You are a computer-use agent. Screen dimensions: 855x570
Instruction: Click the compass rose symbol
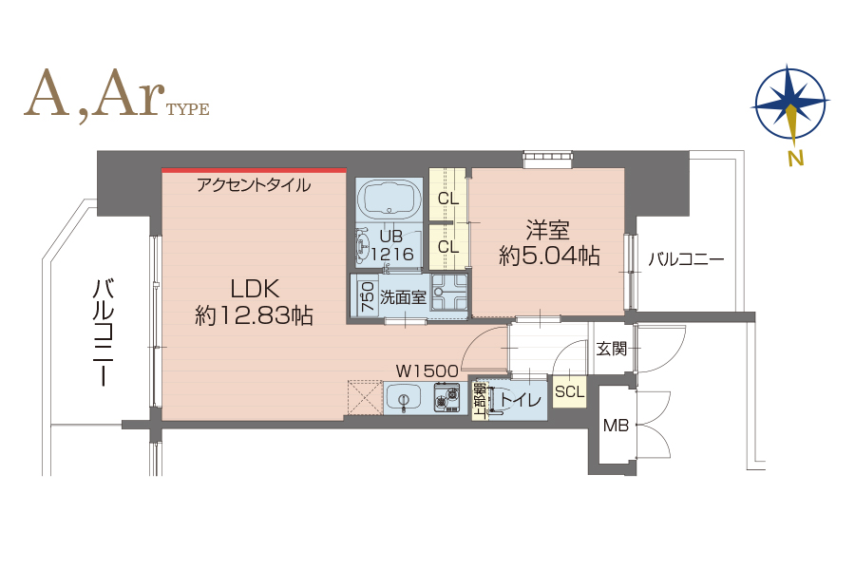pyautogui.click(x=789, y=103)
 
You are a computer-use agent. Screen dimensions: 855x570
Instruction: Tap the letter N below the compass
pyautogui.click(x=796, y=159)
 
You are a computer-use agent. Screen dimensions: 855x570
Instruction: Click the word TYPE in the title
pyautogui.click(x=187, y=109)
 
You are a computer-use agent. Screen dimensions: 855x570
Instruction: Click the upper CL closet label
pyautogui.click(x=448, y=199)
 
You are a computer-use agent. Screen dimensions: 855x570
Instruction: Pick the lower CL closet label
pyautogui.click(x=448, y=247)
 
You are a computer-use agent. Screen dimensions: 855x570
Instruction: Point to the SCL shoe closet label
pyautogui.click(x=569, y=391)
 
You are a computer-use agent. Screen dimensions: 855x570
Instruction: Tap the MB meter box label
pyautogui.click(x=616, y=426)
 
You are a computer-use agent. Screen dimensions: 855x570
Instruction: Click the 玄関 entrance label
pyautogui.click(x=611, y=349)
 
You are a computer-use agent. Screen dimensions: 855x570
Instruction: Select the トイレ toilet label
pyautogui.click(x=521, y=400)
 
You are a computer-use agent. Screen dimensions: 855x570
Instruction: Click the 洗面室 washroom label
pyautogui.click(x=403, y=297)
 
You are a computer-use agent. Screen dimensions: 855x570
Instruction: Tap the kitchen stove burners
pyautogui.click(x=447, y=398)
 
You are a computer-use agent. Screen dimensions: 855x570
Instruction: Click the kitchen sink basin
pyautogui.click(x=403, y=397)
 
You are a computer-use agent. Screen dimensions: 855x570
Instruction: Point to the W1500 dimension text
pyautogui.click(x=427, y=371)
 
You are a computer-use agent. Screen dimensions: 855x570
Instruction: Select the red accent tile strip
pyautogui.click(x=254, y=170)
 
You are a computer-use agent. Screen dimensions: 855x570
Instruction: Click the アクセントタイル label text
pyautogui.click(x=254, y=185)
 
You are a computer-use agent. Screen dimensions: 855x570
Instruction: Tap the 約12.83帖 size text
pyautogui.click(x=254, y=315)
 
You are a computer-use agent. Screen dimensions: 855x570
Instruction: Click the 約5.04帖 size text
pyautogui.click(x=549, y=256)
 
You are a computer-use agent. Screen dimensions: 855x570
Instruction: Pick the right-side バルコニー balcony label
pyautogui.click(x=686, y=259)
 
